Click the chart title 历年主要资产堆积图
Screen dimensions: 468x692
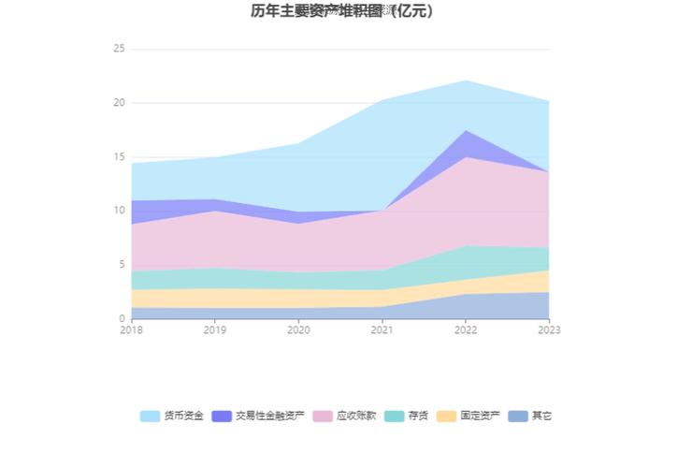point(341,12)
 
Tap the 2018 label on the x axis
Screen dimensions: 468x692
point(132,330)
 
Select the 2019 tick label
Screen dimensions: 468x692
point(215,330)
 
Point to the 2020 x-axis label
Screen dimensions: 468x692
point(298,330)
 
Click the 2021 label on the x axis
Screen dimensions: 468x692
point(382,330)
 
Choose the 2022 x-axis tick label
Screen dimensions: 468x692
point(466,330)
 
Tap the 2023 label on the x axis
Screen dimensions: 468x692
point(549,330)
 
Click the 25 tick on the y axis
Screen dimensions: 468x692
point(119,49)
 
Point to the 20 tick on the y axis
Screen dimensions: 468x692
point(119,103)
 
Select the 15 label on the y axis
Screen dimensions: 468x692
point(119,157)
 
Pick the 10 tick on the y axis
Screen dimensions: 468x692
point(119,211)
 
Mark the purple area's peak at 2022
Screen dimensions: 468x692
point(466,131)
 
